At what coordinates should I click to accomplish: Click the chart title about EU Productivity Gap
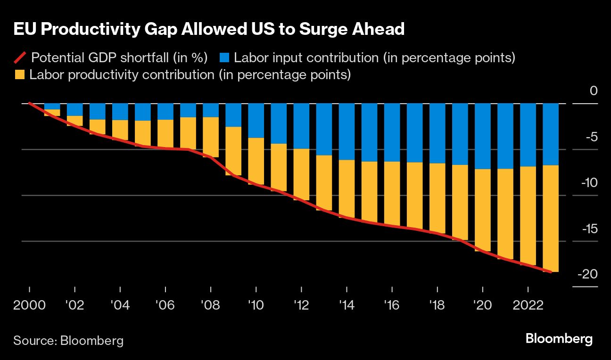pos(209,30)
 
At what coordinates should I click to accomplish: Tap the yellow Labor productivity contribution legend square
pos(19,74)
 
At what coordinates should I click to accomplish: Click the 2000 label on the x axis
pos(29,305)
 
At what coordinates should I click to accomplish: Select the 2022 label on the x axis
pos(527,305)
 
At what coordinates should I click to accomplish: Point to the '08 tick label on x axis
pos(210,305)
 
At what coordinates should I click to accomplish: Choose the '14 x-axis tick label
pos(346,305)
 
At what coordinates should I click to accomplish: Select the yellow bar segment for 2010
pos(256,161)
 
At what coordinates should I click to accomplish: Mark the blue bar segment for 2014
pos(347,131)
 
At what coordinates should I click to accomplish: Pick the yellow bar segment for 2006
pos(165,133)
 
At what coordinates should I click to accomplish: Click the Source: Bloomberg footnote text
pos(68,340)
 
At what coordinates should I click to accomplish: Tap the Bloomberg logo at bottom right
pos(559,339)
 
